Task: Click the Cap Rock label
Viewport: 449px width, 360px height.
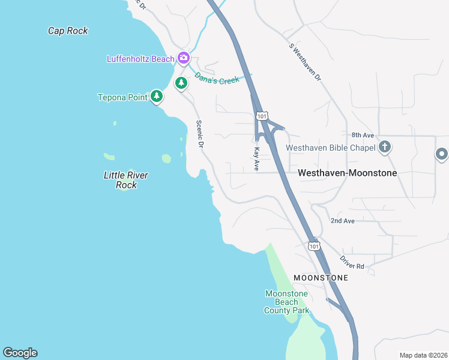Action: coord(68,31)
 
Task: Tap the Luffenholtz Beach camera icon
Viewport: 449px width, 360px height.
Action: coord(184,58)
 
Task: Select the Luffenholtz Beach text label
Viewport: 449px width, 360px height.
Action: coord(140,59)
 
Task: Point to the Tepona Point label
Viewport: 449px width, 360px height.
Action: coord(122,97)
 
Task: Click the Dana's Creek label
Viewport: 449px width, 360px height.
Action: coord(217,78)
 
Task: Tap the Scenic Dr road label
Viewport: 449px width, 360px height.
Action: coord(200,134)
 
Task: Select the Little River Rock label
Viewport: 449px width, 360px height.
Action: coord(126,180)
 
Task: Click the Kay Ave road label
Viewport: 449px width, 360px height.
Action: coord(256,159)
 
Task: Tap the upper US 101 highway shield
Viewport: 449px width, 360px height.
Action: coord(262,115)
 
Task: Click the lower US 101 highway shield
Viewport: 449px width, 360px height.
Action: coord(313,245)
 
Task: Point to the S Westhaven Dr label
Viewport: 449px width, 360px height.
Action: coord(305,62)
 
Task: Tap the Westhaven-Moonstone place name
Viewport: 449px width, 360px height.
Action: coord(347,172)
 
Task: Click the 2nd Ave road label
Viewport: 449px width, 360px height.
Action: coord(342,221)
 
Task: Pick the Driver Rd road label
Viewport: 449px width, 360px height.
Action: coord(352,262)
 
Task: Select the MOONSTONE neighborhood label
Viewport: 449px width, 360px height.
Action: coord(321,278)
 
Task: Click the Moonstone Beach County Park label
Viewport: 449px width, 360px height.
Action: coord(287,302)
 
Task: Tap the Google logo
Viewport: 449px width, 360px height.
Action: coord(20,353)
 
